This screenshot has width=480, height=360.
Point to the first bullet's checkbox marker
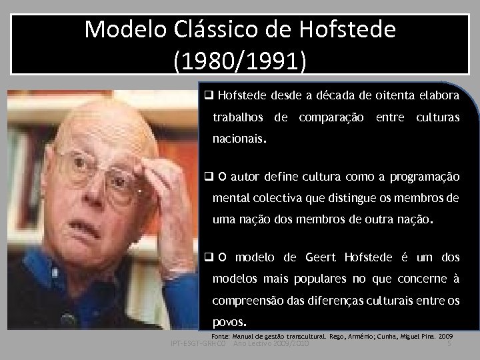tap(209, 96)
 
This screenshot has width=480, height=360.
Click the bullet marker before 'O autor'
tap(209, 177)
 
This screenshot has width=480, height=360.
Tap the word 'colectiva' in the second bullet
tap(269, 199)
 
